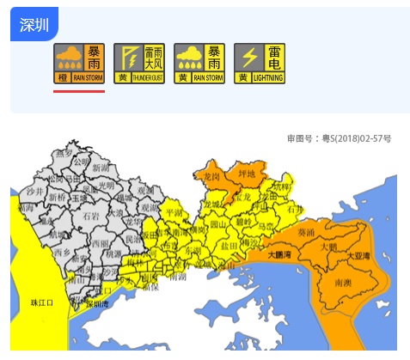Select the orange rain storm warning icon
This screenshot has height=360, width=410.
79,64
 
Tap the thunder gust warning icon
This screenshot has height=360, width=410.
139,64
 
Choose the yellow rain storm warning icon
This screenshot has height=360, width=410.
199,64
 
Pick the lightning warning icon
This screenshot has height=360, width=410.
260,64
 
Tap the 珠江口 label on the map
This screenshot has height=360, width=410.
42,302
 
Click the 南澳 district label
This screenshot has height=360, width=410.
341,282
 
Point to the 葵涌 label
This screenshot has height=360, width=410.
305,232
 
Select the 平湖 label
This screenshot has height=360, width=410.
174,211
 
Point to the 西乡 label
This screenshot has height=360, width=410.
62,254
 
